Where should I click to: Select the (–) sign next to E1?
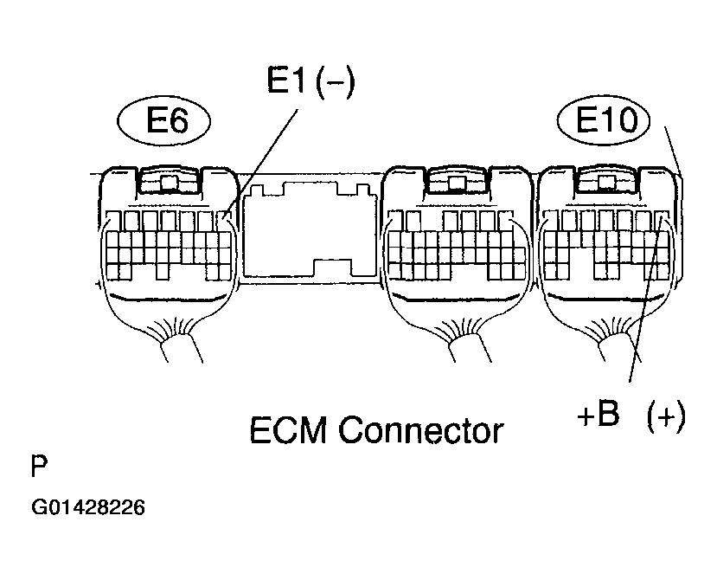click(x=336, y=84)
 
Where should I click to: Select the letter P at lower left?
click(x=40, y=467)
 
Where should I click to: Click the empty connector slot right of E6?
click(x=310, y=229)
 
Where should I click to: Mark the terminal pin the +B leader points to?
click(x=659, y=222)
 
